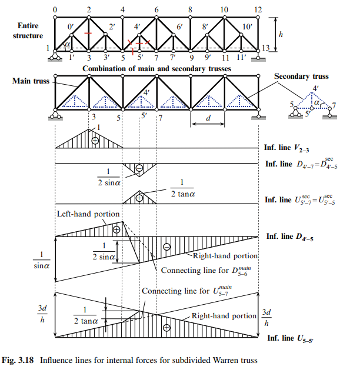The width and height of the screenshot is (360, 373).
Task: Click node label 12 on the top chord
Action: pos(258,9)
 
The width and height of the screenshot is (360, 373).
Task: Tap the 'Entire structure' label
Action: pos(28,31)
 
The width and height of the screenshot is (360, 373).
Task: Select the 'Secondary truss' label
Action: pos(301,76)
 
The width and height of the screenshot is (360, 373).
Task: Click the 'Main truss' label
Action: pos(31,81)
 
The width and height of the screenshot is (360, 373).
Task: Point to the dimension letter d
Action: pos(208,118)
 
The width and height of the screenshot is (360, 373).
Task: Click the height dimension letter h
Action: pos(281,35)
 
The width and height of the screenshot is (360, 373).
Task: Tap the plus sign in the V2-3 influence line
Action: pos(95,141)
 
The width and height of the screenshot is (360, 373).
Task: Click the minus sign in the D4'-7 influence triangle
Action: pos(139,168)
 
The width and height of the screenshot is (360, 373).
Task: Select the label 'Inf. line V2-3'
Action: pos(286,148)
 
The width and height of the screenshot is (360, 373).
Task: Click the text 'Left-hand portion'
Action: pos(88,214)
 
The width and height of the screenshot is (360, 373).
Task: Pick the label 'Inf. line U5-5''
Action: pos(291,338)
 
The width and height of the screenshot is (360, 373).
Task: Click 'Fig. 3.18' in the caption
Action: pos(18,360)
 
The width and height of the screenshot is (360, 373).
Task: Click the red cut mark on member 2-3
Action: pos(88,33)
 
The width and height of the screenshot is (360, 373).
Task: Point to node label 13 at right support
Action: pos(266,48)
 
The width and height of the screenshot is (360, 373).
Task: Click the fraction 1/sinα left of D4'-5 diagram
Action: pos(41,260)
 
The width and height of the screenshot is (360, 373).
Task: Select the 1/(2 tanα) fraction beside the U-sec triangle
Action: pos(182,188)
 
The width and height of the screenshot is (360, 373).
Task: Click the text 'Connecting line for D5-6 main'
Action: pos(206,271)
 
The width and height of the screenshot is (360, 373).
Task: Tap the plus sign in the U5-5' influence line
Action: pos(166,328)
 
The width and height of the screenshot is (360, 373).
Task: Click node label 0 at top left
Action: pos(55,9)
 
